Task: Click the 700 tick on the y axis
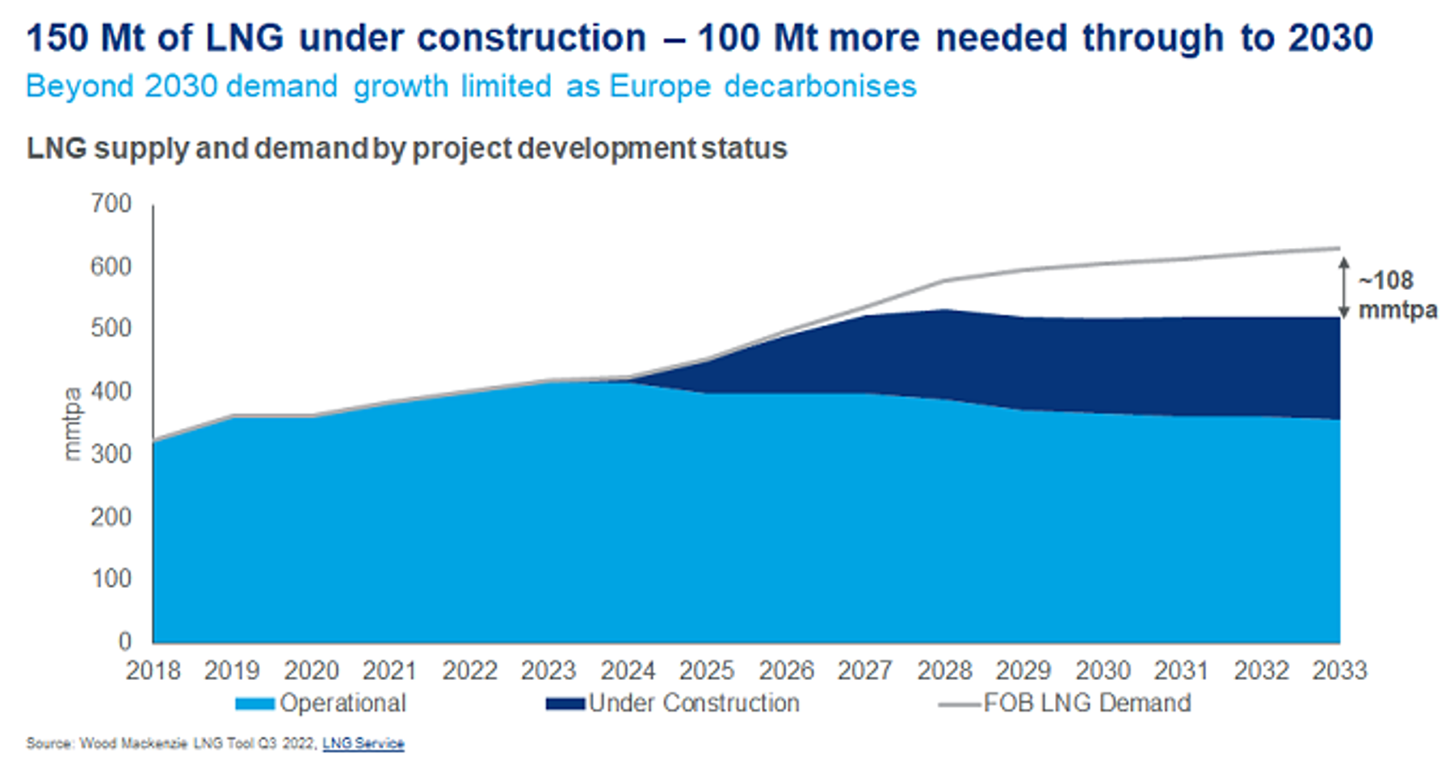111,204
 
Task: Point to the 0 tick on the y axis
124,641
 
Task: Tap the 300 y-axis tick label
111,454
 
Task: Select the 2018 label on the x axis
153,670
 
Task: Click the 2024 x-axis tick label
628,670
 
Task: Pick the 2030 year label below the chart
1103,670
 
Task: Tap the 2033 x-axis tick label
1339,670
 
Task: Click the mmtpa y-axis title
73,424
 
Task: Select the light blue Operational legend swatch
254,704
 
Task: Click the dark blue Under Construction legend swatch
565,704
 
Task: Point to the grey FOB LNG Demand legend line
959,704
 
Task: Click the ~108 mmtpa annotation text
1397,295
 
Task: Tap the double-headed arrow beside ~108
1344,288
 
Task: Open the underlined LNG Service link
363,743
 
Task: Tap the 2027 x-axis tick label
864,670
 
